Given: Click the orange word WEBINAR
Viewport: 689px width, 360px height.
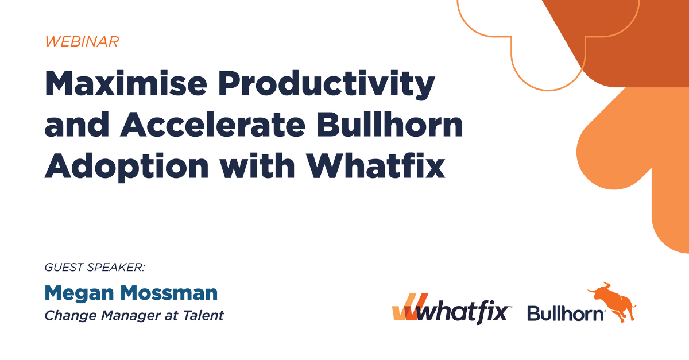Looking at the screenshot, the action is coord(82,42).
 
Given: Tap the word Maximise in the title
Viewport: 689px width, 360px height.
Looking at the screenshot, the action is coord(126,83).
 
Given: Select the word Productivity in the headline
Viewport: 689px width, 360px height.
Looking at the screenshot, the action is coord(326,85).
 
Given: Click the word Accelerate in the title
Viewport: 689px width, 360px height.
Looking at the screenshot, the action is coord(212,125).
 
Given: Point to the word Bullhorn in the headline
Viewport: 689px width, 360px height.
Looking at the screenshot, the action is coord(389,125).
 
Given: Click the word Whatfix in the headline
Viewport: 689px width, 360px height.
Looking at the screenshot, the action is coord(376,165).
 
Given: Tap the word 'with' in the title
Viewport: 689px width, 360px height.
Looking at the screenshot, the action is coord(257,165).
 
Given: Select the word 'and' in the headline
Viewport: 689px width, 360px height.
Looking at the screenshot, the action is coord(77,125).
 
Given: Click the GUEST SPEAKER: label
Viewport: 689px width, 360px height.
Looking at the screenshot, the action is coord(94,268).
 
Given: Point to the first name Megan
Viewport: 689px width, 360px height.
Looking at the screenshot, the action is coord(79,293).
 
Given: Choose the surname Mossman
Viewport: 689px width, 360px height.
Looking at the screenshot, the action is coord(169,293).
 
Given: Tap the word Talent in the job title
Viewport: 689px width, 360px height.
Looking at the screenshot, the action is coord(203,315).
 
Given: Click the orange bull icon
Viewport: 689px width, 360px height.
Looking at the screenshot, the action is coord(612,301).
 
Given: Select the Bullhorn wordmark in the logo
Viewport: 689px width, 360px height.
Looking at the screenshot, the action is coord(566,314).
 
